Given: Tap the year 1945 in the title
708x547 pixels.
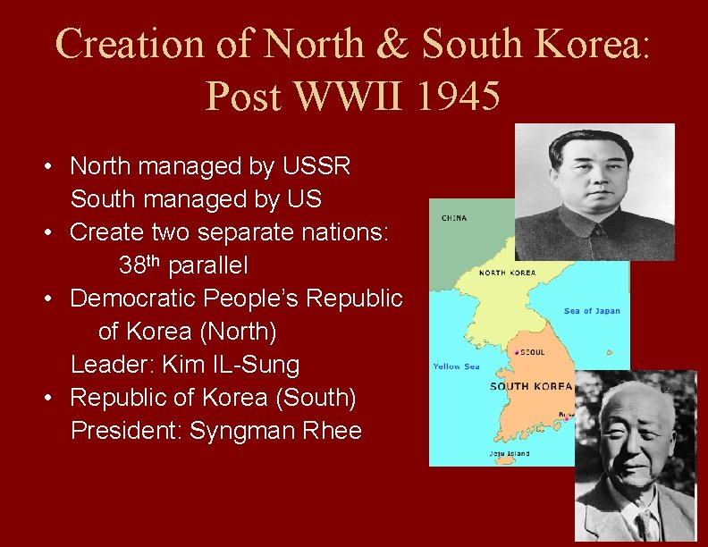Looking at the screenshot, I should coord(456,95).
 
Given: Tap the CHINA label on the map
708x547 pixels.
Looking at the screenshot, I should coord(453,217).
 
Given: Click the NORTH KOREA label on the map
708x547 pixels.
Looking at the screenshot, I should coord(508,273).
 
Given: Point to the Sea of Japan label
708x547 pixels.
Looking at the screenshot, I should coord(592,311).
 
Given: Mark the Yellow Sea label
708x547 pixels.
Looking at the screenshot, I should coord(456,366).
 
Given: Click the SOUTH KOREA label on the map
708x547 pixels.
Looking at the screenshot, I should coord(531,386).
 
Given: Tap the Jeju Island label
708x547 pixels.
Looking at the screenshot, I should coord(509,454).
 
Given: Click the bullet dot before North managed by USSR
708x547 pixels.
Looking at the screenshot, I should coord(52,167).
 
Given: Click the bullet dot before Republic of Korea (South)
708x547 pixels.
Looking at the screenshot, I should coord(52,398).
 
